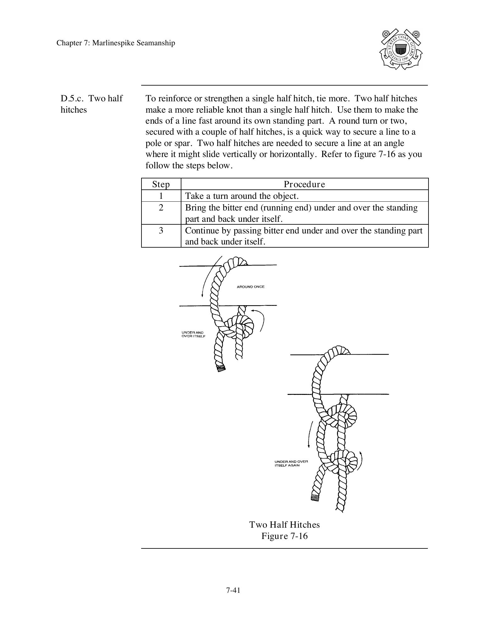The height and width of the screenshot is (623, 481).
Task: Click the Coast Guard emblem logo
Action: tap(401, 49)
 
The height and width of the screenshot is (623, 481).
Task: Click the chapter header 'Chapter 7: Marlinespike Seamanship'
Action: tap(116, 43)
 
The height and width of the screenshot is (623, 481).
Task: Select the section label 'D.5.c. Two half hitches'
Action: tap(91, 104)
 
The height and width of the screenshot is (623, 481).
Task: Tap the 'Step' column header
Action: tap(161, 184)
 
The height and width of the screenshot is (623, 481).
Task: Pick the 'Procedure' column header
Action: tap(304, 184)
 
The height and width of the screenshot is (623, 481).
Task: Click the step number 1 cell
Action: tap(161, 196)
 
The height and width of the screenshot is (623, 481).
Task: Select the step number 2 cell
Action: tap(161, 208)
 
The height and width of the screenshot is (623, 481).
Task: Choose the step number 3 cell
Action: tap(161, 231)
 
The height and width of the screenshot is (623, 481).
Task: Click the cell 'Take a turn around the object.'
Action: tap(242, 196)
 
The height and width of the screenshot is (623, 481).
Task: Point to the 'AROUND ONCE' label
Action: tap(251, 287)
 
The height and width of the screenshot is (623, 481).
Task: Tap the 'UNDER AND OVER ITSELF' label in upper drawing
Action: tap(193, 334)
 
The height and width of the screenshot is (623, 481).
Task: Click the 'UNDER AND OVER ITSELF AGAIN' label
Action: tap(291, 463)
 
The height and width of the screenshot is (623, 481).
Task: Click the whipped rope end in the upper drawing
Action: tap(221, 367)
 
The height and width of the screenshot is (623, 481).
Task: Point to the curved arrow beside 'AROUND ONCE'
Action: tap(209, 277)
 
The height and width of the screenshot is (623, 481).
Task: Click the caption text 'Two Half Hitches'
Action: tap(284, 525)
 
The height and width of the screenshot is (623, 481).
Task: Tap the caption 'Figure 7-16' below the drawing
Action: tap(284, 536)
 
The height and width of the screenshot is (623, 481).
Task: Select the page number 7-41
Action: tap(233, 590)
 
